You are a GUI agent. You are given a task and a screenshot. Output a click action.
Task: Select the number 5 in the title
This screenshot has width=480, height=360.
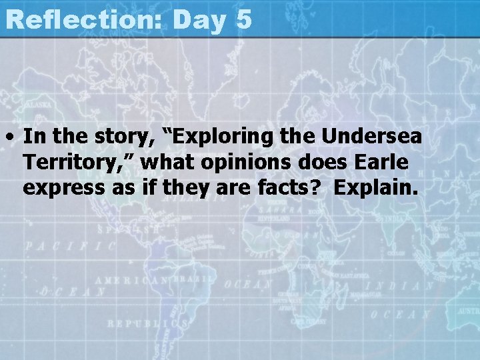click(244, 20)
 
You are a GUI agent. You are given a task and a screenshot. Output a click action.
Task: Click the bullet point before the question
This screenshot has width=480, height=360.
click(11, 138)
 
